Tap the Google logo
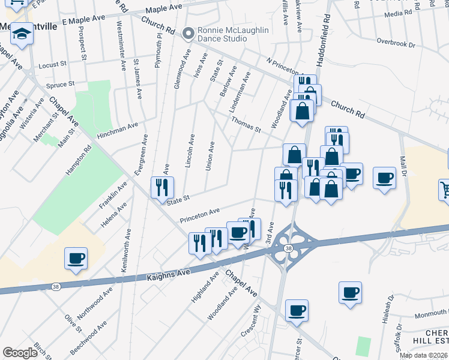click(x=20, y=353)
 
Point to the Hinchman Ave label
click(x=118, y=129)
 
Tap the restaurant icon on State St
click(x=161, y=188)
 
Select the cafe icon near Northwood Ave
click(x=76, y=259)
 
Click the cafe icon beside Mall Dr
click(x=384, y=178)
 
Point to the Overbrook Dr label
click(x=396, y=43)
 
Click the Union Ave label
click(x=209, y=156)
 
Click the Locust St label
click(x=50, y=65)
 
